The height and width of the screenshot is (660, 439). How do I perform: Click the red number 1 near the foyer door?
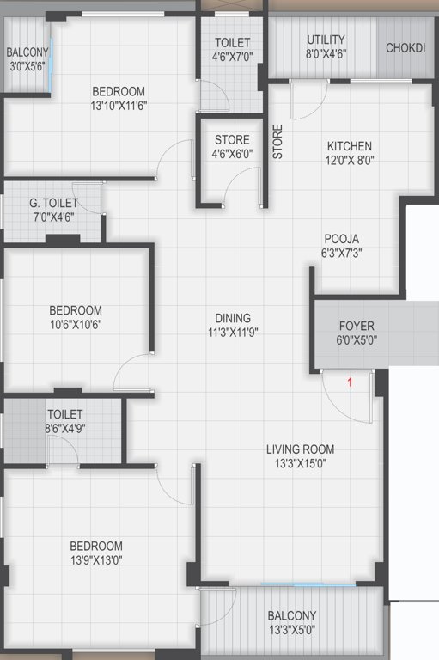(x=350, y=382)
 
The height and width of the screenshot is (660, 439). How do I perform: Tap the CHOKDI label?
(x=405, y=48)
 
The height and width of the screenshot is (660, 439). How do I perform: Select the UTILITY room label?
(x=326, y=40)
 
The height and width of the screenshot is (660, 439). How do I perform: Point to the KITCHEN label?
(x=349, y=146)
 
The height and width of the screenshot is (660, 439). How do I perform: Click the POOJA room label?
(x=341, y=239)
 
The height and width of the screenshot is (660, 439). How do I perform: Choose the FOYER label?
(x=357, y=327)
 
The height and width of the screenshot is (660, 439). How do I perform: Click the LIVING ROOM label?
(x=300, y=449)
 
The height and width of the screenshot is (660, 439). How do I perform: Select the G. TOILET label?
(x=53, y=203)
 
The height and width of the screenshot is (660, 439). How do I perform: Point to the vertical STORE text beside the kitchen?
(x=277, y=142)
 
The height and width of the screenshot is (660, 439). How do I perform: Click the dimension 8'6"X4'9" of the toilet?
(x=65, y=427)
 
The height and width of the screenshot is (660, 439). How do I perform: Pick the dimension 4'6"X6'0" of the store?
(x=232, y=154)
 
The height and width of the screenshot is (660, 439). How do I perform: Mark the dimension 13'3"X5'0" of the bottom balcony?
(x=292, y=630)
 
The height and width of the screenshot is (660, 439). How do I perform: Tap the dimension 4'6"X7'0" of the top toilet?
(x=232, y=57)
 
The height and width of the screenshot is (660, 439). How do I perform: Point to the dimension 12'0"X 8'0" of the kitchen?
(x=349, y=160)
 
